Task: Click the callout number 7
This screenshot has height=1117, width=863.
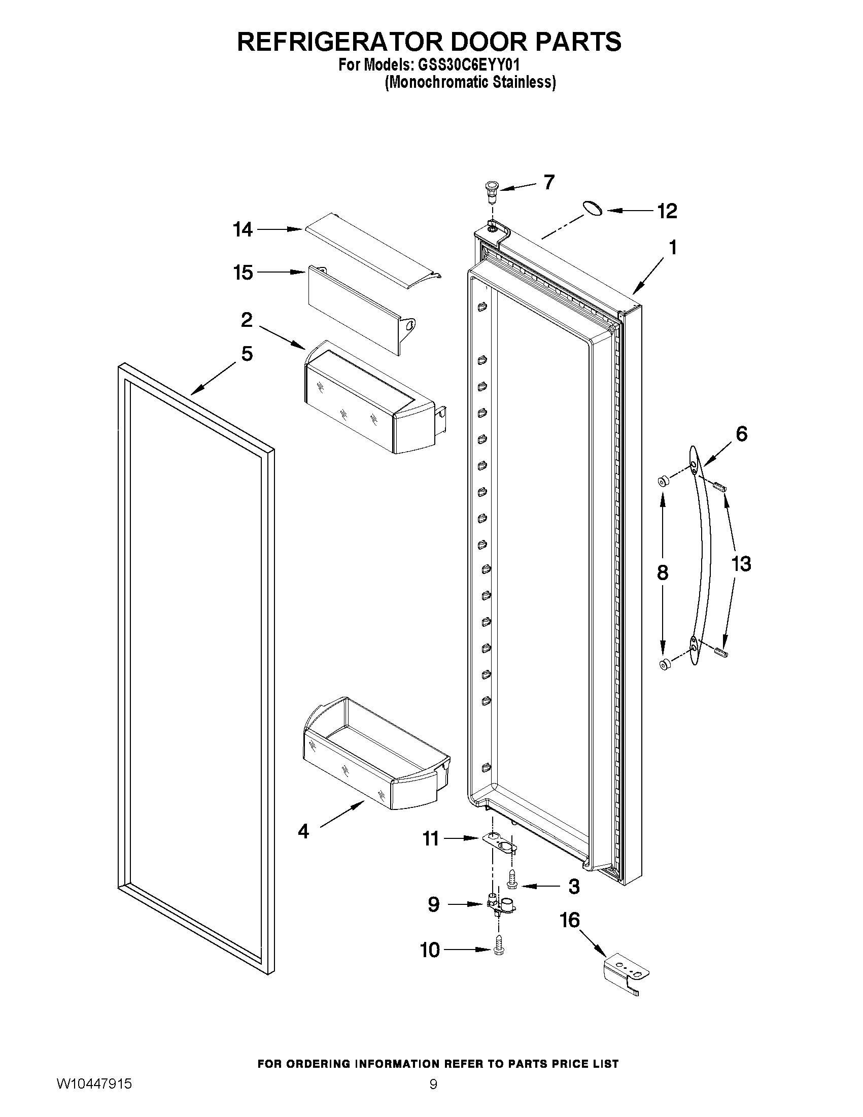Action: point(549,182)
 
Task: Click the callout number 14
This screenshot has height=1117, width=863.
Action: point(243,229)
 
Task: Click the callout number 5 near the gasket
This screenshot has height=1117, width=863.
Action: point(247,353)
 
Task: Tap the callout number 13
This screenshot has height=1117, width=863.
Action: point(741,564)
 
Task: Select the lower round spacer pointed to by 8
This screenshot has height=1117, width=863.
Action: point(665,665)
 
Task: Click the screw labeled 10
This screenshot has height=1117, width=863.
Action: point(499,948)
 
